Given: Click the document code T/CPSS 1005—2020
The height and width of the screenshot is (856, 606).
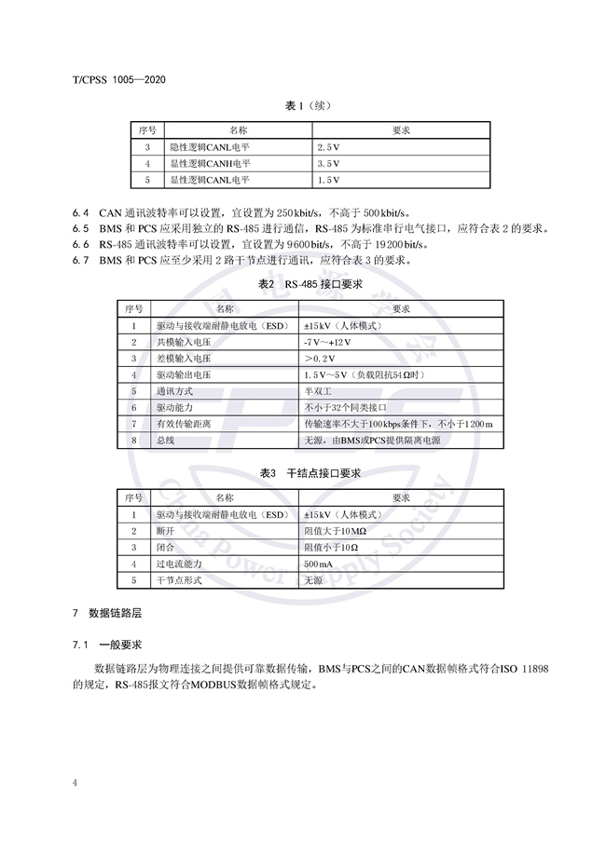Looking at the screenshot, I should (118, 79).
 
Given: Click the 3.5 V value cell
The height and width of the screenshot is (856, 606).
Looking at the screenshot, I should (329, 164).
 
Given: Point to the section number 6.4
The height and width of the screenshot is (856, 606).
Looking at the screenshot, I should (80, 211).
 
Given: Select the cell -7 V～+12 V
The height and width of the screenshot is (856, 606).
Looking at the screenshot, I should (328, 342).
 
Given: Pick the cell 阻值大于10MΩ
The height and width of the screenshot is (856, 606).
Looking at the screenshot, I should (336, 531).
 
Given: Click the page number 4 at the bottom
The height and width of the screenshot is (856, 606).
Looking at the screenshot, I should (75, 782).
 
